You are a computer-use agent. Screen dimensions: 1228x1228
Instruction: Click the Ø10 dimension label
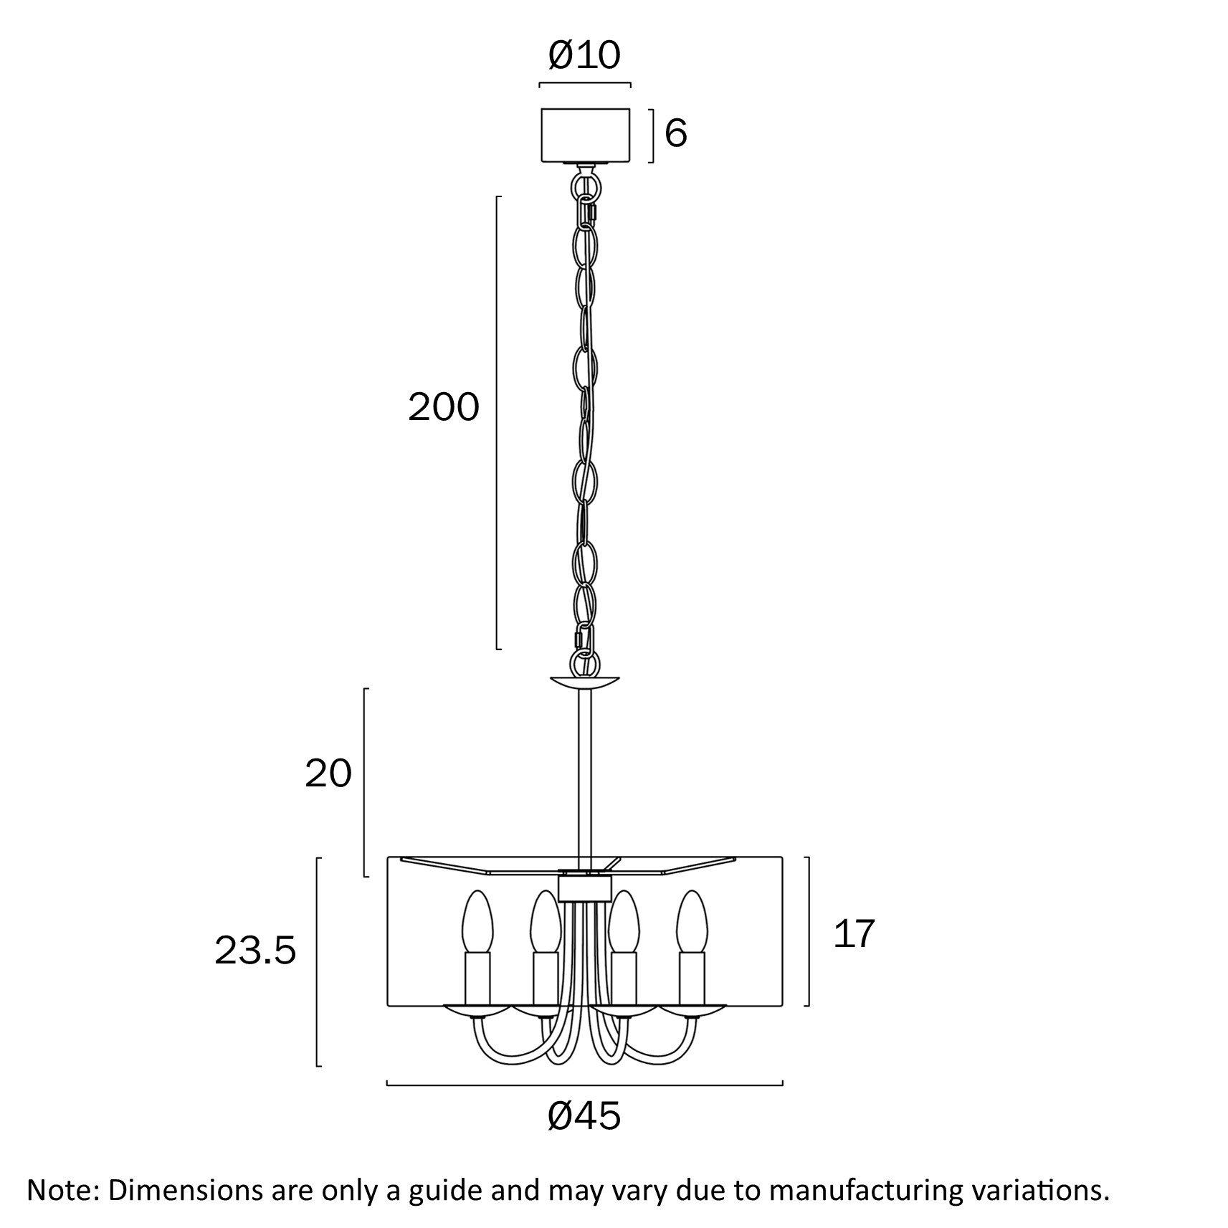coord(584,55)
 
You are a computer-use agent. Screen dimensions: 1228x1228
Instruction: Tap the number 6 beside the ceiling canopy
coord(676,133)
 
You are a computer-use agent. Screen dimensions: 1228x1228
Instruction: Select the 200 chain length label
coord(443,407)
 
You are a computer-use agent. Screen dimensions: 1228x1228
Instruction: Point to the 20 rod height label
coord(328,774)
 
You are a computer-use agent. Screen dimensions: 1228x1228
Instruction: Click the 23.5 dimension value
coord(255,951)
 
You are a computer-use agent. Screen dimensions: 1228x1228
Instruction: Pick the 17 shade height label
coord(854,934)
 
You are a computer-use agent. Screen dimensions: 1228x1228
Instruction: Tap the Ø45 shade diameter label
coord(584,1116)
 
